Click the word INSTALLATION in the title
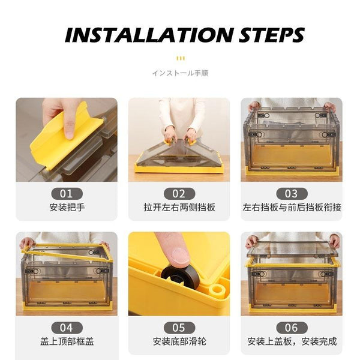pos(149,35)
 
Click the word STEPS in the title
pos(272,35)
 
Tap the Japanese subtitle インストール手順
pos(180,73)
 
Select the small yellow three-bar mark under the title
pos(181,58)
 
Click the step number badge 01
pos(67,194)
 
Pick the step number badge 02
pos(179,194)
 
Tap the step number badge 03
pos(292,194)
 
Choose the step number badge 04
pos(67,328)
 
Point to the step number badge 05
pos(179,328)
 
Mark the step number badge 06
pos(292,328)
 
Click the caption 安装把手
pos(67,208)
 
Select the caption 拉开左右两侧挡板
pos(179,208)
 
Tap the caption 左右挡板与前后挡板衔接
pos(292,208)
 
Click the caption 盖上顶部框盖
pos(67,341)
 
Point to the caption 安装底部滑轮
pos(179,341)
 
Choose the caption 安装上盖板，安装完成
pos(292,341)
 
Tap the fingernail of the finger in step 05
pos(181,256)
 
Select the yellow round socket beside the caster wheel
pos(217,290)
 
